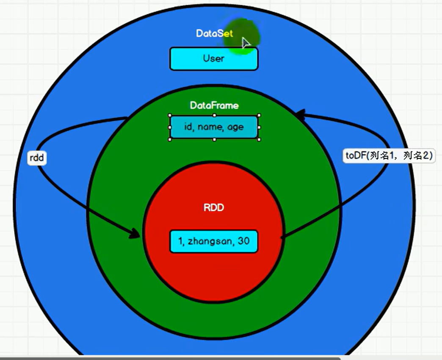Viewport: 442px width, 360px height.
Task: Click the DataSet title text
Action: tap(214, 33)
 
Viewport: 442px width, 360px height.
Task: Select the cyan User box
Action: tap(213, 58)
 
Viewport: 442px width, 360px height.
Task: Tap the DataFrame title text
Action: tap(214, 105)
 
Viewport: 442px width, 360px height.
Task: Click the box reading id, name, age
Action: tap(214, 127)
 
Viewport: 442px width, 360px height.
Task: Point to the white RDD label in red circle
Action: tap(214, 208)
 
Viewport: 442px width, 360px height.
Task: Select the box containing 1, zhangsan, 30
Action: tap(213, 241)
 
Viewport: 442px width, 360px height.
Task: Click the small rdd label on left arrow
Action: tap(37, 158)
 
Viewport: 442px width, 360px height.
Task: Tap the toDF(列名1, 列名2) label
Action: tap(389, 155)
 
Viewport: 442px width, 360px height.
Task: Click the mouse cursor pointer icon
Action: tap(246, 43)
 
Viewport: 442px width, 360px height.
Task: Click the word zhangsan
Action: tap(206, 242)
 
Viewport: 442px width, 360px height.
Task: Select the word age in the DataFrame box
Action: tap(235, 127)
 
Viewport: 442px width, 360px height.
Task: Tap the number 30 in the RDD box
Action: tap(243, 241)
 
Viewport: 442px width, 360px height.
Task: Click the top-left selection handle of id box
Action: tap(170, 115)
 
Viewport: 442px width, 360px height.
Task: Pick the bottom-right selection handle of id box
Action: tap(259, 139)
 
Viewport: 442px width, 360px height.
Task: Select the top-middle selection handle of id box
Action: tap(214, 115)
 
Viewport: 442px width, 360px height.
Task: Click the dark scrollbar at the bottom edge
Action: tap(169, 358)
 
